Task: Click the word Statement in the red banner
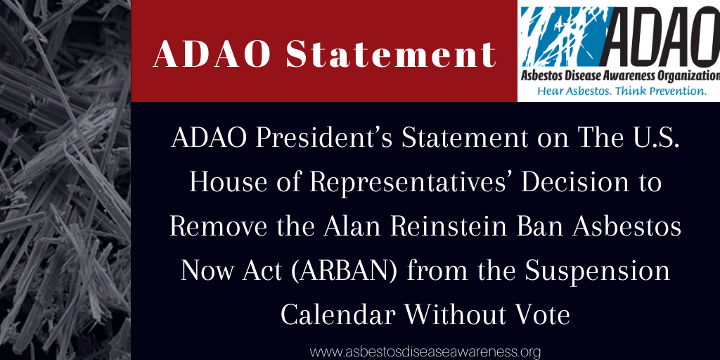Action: click(x=391, y=55)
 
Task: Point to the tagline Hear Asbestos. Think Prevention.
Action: click(x=622, y=91)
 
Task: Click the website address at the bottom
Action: click(x=425, y=352)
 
